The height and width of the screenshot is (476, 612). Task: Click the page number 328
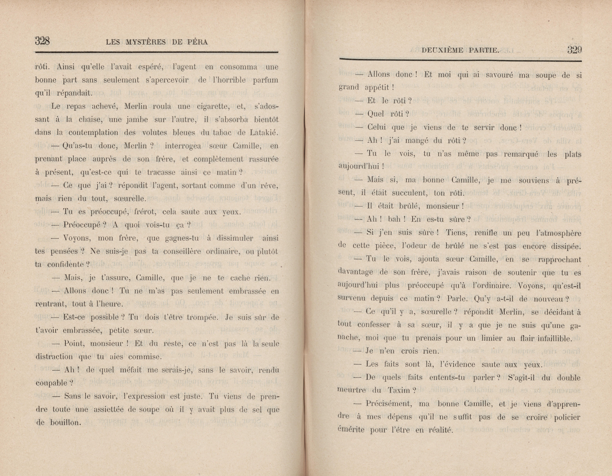tap(42, 41)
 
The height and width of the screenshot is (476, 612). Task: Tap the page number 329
tap(574, 50)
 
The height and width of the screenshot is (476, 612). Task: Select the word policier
tap(567, 417)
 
